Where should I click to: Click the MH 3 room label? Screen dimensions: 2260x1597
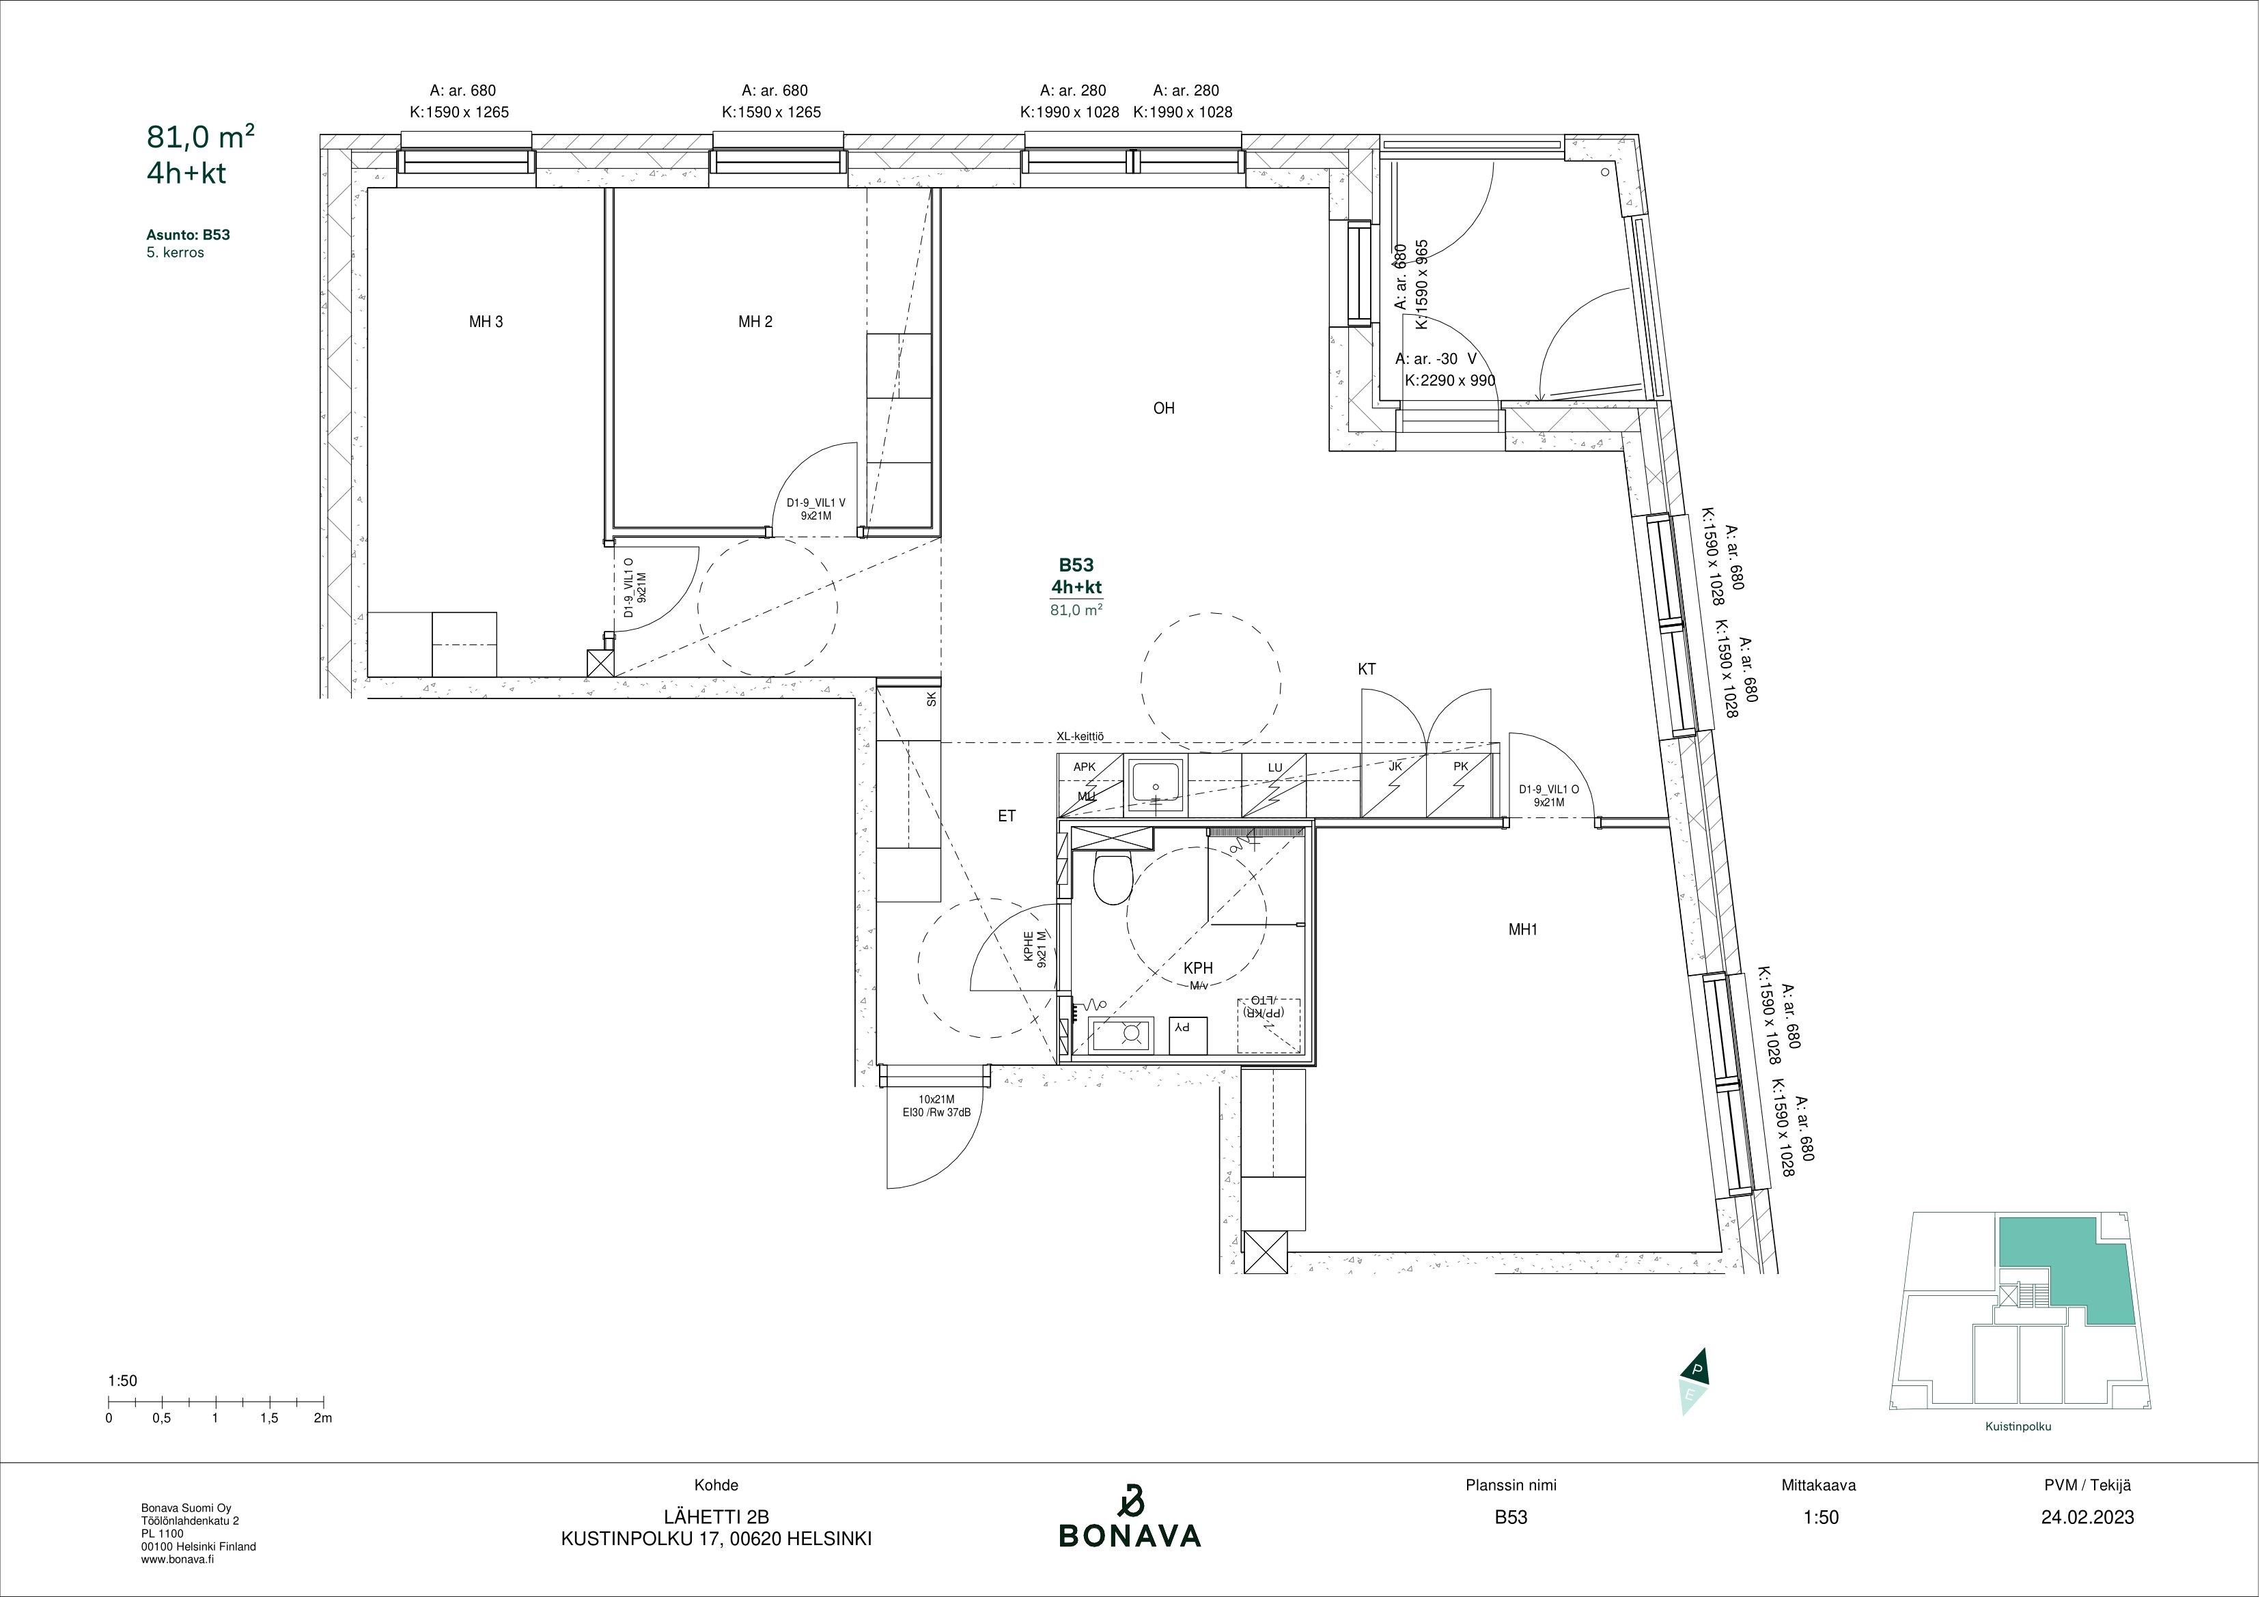tap(486, 322)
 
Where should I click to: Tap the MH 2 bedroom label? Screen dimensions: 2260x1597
tap(755, 322)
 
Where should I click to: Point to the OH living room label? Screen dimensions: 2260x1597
tap(1164, 408)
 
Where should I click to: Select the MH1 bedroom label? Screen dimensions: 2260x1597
tap(1523, 929)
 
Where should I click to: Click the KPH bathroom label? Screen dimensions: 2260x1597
tap(1198, 968)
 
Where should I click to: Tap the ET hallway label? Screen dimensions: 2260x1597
tap(1006, 816)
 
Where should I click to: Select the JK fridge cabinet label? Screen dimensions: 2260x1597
tap(1395, 767)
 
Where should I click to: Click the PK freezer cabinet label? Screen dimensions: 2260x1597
tap(1461, 767)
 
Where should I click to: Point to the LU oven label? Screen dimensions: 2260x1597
tap(1274, 767)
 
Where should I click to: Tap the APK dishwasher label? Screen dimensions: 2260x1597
tap(1084, 767)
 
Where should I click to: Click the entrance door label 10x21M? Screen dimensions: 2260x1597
tap(936, 1100)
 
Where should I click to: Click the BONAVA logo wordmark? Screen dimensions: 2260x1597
tap(1130, 1535)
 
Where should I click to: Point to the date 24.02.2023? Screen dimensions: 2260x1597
tap(2088, 1517)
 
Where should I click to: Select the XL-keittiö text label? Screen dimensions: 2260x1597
tap(1080, 736)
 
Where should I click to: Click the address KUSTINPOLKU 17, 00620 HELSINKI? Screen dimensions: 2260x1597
tap(716, 1539)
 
